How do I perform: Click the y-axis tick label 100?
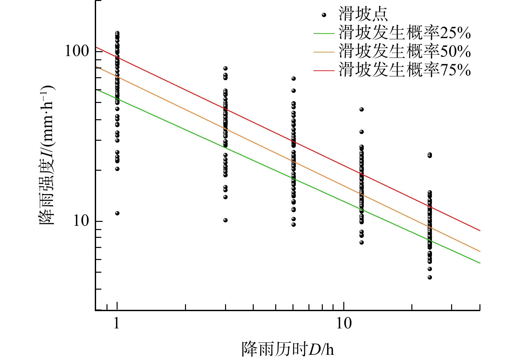click(x=77, y=51)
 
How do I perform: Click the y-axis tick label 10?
click(x=81, y=221)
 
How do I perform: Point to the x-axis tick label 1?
click(x=117, y=324)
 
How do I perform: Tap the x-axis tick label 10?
click(x=344, y=324)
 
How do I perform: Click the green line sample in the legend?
click(x=324, y=34)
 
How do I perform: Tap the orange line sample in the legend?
click(x=324, y=52)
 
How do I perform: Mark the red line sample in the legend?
click(x=324, y=70)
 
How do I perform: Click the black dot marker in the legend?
click(x=324, y=15)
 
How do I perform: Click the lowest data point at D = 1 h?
click(x=117, y=213)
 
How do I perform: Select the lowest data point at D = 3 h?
click(x=225, y=220)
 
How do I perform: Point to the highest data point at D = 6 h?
click(x=293, y=79)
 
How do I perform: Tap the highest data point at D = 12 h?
click(x=362, y=109)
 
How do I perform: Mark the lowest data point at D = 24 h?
click(x=430, y=277)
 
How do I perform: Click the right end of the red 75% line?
click(x=479, y=230)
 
